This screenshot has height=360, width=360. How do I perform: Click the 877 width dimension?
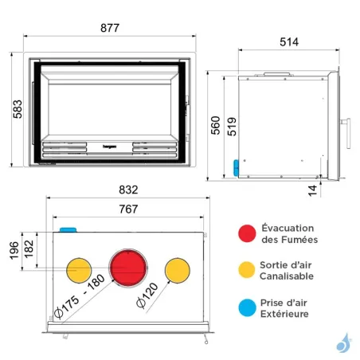coord(109,28)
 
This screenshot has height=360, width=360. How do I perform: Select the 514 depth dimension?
coord(289,41)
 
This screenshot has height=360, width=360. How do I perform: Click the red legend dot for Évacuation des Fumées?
coord(247,233)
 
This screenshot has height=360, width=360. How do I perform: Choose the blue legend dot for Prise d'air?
coord(247,307)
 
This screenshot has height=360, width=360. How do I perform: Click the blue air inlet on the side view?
coord(236,166)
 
